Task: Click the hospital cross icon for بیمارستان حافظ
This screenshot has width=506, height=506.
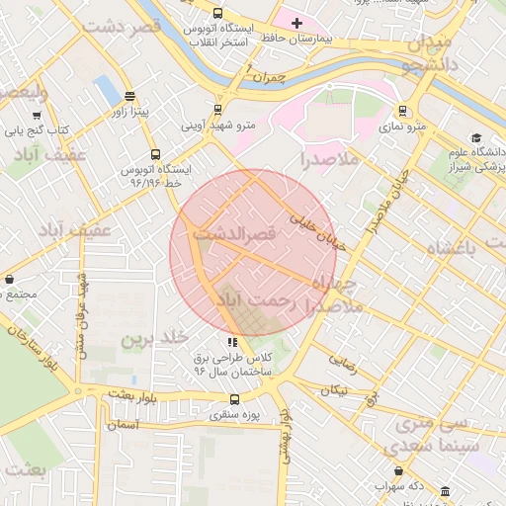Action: (296, 22)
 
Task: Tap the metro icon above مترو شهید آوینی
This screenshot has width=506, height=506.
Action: (217, 110)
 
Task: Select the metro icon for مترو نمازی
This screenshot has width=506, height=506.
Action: (402, 111)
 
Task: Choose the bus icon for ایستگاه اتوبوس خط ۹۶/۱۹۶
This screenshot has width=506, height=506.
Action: (155, 154)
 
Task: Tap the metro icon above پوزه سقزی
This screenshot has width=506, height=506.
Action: (234, 399)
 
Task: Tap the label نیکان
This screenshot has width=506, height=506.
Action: (334, 389)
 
